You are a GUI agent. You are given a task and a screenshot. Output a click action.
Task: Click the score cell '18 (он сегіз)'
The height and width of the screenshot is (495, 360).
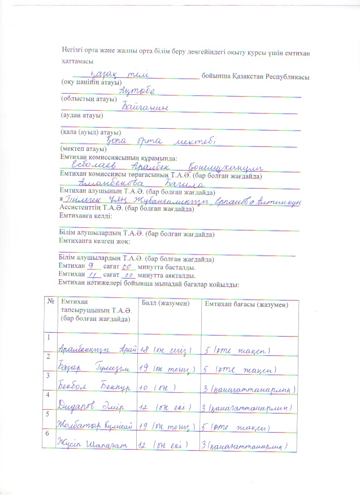167,350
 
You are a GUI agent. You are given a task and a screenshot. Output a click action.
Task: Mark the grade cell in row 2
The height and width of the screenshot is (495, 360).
240,369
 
